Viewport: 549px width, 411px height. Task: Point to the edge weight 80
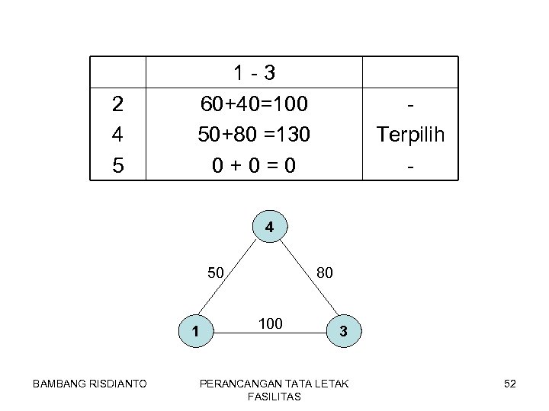(323, 272)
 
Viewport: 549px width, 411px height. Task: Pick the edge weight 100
(270, 324)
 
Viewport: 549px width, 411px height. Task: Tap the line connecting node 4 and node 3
(308, 279)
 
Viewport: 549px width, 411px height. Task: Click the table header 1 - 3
(254, 73)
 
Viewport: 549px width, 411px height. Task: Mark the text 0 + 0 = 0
(254, 164)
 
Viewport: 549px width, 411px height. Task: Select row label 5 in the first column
(117, 164)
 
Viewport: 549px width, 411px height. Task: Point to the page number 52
(509, 384)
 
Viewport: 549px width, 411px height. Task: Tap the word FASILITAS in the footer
(274, 397)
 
